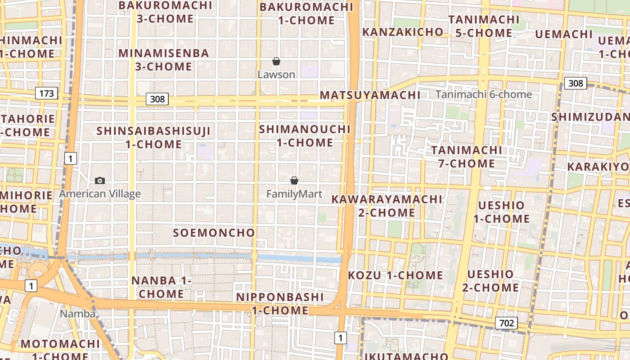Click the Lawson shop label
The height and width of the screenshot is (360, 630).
pyautogui.click(x=276, y=75)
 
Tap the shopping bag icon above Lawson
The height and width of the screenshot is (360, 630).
pyautogui.click(x=276, y=61)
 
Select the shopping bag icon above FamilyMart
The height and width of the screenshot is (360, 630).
pyautogui.click(x=294, y=180)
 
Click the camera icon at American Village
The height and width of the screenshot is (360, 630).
pyautogui.click(x=100, y=180)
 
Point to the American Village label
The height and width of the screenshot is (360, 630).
pyautogui.click(x=100, y=194)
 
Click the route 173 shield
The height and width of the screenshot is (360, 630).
pyautogui.click(x=46, y=94)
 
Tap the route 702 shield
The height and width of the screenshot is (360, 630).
pyautogui.click(x=506, y=323)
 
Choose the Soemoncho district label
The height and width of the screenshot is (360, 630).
pyautogui.click(x=214, y=233)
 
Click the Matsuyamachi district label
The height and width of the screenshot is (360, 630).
pyautogui.click(x=370, y=95)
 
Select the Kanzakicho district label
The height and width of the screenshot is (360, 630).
pyautogui.click(x=403, y=32)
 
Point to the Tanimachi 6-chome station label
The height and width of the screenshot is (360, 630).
pyautogui.click(x=484, y=94)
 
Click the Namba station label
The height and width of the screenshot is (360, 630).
pyautogui.click(x=77, y=314)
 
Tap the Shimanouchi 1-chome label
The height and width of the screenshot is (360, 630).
pyautogui.click(x=305, y=136)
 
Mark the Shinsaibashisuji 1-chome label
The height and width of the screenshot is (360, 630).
pyautogui.click(x=154, y=138)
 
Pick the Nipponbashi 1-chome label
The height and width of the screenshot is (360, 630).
pyautogui.click(x=280, y=304)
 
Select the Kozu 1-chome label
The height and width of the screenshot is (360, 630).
pyautogui.click(x=396, y=275)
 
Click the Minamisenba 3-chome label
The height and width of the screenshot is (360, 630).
pyautogui.click(x=164, y=60)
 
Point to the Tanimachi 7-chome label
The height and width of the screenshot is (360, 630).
pyautogui.click(x=467, y=157)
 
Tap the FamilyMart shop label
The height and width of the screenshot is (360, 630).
pyautogui.click(x=294, y=194)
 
